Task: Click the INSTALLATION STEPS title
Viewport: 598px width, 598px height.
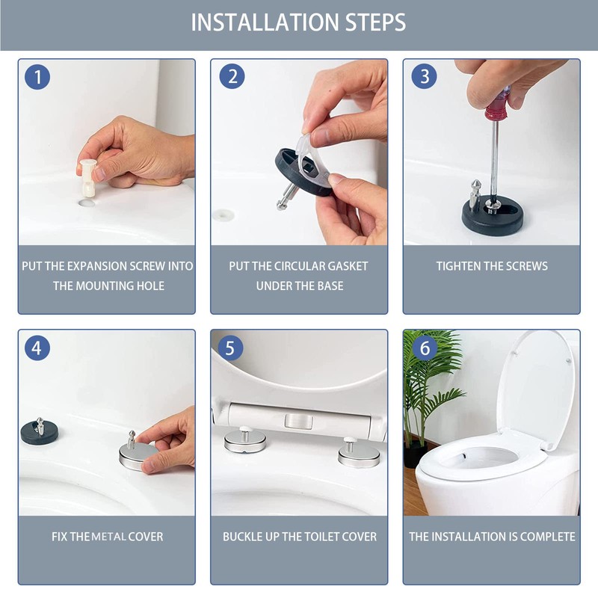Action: (x=298, y=22)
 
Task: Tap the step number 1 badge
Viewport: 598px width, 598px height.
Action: (x=37, y=77)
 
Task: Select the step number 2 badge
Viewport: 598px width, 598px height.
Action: (x=232, y=76)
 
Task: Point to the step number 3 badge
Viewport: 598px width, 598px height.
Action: (x=424, y=76)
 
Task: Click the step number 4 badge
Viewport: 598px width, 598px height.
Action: (x=37, y=348)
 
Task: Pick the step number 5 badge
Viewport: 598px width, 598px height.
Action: (x=230, y=348)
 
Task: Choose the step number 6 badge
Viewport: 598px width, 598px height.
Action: (x=425, y=348)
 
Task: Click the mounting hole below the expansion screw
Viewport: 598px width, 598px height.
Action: (x=87, y=202)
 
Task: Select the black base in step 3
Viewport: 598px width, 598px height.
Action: (x=493, y=216)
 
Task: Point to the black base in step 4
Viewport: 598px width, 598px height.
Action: (x=40, y=433)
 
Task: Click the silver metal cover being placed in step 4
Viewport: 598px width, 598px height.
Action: (x=138, y=456)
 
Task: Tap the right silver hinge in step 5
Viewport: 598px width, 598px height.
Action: (x=359, y=454)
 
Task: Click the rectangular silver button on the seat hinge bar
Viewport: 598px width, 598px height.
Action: (x=298, y=421)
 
